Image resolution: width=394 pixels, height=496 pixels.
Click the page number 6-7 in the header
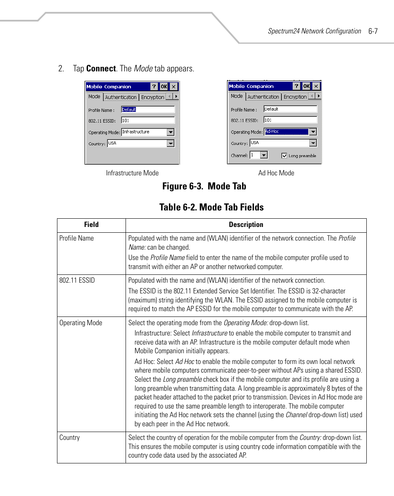point(373,31)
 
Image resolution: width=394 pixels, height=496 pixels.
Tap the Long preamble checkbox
point(284,156)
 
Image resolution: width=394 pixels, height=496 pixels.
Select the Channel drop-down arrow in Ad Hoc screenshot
point(264,155)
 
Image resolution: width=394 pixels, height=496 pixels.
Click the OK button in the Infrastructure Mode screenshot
point(164,87)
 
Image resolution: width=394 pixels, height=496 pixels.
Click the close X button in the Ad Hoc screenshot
point(316,86)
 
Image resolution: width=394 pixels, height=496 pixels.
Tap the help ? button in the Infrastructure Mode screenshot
point(154,87)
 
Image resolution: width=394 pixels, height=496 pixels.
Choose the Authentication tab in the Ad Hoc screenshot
point(263,97)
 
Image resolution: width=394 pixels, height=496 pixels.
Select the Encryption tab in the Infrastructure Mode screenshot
point(152,97)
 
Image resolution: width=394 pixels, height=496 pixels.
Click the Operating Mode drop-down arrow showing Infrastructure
point(171,132)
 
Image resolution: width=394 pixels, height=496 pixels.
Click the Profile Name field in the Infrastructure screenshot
point(148,110)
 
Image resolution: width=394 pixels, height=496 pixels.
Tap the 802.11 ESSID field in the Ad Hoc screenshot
point(290,120)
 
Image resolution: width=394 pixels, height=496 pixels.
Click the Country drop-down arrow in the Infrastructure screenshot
point(171,143)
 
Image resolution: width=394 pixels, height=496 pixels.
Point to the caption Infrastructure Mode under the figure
point(132,173)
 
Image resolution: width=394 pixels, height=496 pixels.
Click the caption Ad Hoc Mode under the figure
point(276,173)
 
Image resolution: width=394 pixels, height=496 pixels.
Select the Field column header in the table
point(91,225)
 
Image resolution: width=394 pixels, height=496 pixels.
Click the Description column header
point(246,225)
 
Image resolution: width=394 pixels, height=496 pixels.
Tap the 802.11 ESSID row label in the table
point(77,281)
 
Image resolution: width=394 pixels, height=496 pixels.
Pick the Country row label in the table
point(70,438)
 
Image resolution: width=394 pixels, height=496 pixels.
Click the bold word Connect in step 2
point(101,68)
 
